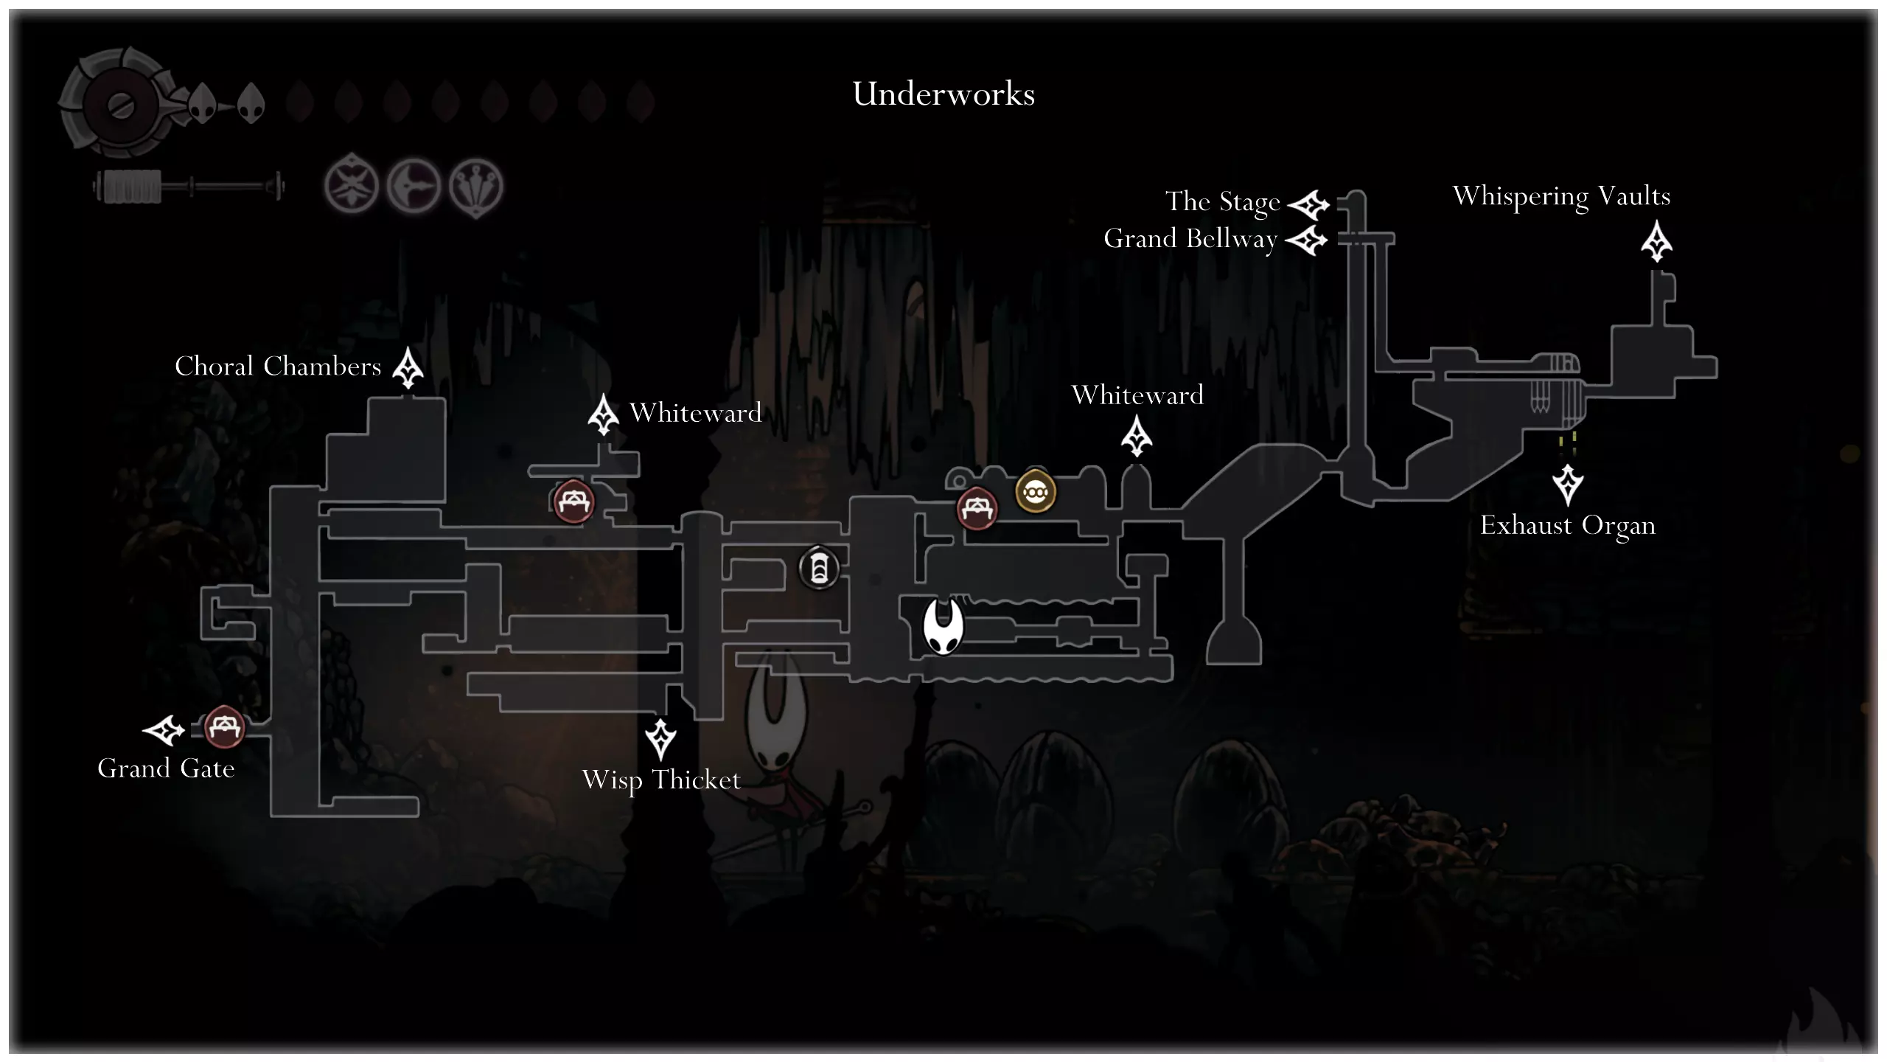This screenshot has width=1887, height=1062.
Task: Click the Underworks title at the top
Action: coord(943,94)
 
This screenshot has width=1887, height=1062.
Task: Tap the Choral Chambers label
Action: coord(278,367)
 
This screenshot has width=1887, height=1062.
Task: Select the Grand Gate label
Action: coord(166,768)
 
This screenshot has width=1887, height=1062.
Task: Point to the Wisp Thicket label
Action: coord(660,780)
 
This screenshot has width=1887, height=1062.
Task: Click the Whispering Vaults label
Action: coord(1561,197)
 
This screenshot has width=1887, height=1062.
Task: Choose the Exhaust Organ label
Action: coord(1568,526)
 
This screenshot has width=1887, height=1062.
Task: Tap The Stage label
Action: coord(1222,201)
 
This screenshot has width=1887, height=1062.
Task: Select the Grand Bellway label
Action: coord(1190,239)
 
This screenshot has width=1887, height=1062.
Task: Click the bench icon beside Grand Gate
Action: coord(223,727)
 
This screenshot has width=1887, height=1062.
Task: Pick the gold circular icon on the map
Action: coord(1036,492)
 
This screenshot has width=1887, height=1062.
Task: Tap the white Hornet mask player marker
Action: coord(943,626)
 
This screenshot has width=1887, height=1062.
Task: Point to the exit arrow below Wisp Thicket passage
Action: coord(660,738)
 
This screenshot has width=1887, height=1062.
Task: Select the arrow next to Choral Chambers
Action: coord(408,367)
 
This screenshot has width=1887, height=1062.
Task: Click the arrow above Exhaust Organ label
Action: coord(1568,484)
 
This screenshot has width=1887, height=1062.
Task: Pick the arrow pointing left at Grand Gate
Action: coord(164,730)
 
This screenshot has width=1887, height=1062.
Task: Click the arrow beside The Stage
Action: coord(1308,204)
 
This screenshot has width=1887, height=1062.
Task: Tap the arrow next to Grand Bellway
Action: coord(1306,240)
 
